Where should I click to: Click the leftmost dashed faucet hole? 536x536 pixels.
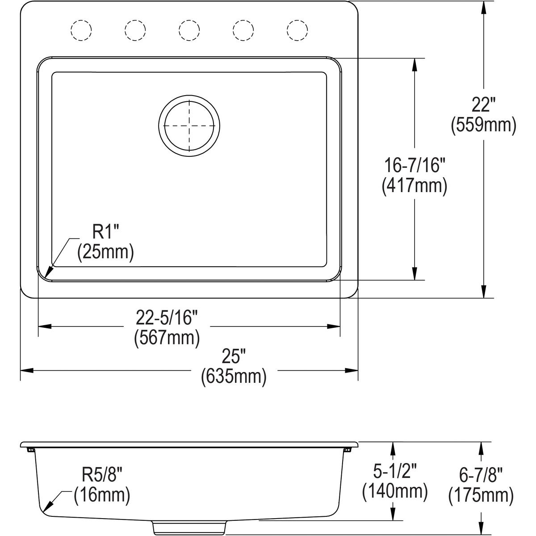pos(81,30)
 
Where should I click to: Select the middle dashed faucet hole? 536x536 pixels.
pos(189,30)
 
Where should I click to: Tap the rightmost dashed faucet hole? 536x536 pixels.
pos(297,30)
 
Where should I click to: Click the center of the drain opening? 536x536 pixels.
pos(189,126)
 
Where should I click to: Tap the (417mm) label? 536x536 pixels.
pos(415,186)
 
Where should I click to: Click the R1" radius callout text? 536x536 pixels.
pos(105,233)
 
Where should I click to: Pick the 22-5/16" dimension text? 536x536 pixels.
pos(167,318)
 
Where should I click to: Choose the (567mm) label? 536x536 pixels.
pos(167,338)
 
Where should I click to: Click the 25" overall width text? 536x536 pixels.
pos(234,358)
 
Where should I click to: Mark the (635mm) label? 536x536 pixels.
pos(234,377)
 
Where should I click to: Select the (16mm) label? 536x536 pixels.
pos(102,495)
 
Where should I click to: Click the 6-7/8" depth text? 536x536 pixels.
pos(481,475)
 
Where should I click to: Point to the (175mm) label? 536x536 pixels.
pos(481,495)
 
